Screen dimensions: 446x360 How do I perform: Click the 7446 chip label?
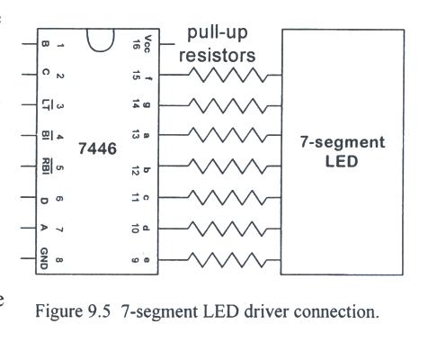tap(97, 148)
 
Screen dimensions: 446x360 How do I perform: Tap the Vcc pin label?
tap(147, 44)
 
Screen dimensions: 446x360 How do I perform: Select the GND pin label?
tap(44, 258)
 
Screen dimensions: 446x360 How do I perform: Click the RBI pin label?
tap(46, 166)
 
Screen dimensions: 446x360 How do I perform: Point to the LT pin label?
tap(46, 105)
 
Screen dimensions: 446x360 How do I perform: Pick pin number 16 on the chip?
tap(136, 44)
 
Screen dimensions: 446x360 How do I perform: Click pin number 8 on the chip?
tap(59, 260)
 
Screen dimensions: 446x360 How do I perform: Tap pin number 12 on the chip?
tap(136, 171)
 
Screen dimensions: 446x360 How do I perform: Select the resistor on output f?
tap(227, 75)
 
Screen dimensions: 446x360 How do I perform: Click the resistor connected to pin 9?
tap(227, 260)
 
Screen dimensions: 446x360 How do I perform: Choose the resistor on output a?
tap(227, 135)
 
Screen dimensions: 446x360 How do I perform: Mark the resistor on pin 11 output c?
tap(227, 197)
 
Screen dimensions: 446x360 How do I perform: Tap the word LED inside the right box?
tap(342, 161)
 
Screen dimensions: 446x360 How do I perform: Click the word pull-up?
tap(218, 33)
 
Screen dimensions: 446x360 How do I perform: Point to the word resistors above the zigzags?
tap(218, 56)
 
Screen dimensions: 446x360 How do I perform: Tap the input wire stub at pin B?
tap(30, 44)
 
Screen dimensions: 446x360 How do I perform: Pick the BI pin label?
tap(46, 136)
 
